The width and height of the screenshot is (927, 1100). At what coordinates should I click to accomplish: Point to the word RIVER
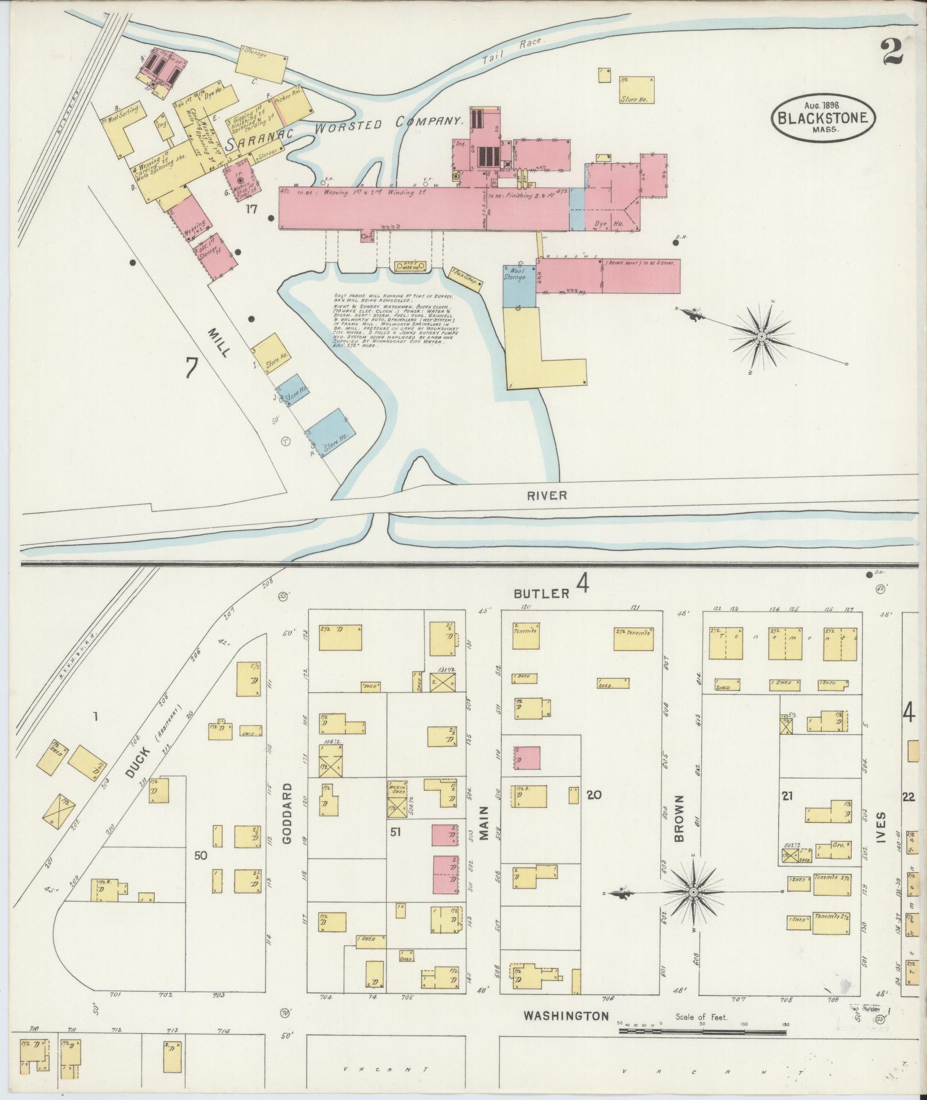[546, 495]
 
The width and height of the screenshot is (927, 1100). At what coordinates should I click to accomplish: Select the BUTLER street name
[541, 593]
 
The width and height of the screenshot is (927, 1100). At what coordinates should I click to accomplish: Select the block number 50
[200, 856]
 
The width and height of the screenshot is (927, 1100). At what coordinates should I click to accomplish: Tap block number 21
[787, 796]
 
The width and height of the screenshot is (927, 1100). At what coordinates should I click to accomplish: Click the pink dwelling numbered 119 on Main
[527, 758]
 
